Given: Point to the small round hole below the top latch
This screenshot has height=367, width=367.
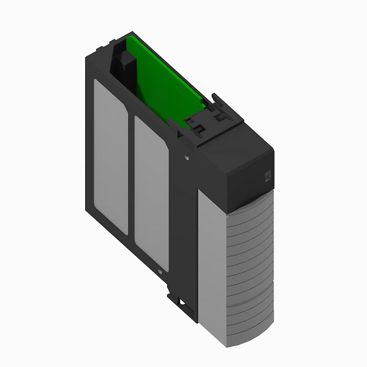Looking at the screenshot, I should click(x=187, y=158).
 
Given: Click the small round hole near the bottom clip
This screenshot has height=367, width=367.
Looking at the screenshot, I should click(x=160, y=272).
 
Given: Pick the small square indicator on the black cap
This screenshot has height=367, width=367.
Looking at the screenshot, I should click(x=267, y=176).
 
